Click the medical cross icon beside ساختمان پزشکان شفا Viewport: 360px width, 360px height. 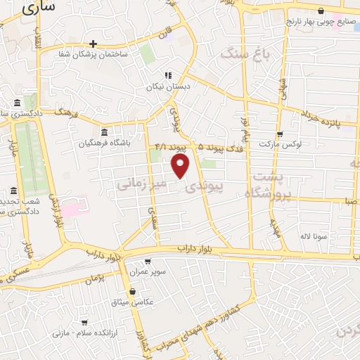92,44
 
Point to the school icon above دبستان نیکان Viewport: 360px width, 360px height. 167,75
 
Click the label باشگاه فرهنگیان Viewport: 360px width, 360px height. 105,144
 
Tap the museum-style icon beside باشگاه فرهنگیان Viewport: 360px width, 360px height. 104,133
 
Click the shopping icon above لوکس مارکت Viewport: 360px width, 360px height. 280,134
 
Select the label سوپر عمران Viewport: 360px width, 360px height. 150,271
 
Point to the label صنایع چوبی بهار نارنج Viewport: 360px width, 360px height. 321,22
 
